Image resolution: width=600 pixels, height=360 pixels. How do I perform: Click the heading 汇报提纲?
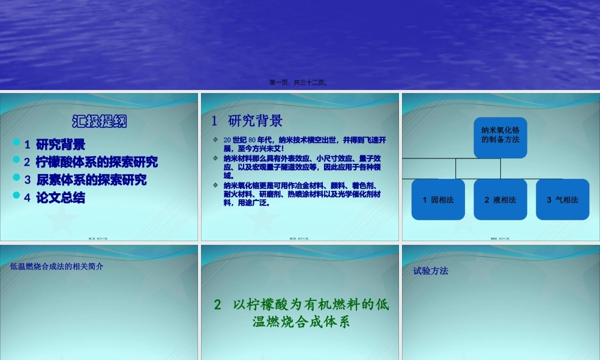pos(100,121)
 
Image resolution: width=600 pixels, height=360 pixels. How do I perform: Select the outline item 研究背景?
pos(61,145)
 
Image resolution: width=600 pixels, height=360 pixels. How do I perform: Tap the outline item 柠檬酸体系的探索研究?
pos(97,162)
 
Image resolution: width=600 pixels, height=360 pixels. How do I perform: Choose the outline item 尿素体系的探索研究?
pos(91,180)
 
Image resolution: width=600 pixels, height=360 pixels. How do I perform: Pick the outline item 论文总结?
pos(61,197)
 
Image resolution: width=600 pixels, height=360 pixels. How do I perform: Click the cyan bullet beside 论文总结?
pos(16,196)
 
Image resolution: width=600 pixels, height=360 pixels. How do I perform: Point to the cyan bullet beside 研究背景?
pos(16,143)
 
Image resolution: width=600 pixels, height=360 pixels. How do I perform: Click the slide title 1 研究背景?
pos(247,121)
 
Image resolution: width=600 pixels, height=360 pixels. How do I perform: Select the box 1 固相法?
pos(438,200)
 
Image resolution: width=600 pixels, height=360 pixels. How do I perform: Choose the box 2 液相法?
pos(500,200)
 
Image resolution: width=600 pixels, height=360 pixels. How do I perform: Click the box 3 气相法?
pos(563,200)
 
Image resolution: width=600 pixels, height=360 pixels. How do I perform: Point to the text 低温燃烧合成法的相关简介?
pos(57,266)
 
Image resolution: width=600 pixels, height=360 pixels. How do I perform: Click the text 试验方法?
pos(431,271)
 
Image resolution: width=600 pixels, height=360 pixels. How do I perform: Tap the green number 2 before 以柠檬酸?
pos(218,305)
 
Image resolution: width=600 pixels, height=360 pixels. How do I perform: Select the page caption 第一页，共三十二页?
pos(299,83)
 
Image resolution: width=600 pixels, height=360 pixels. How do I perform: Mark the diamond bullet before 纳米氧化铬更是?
pos(215,185)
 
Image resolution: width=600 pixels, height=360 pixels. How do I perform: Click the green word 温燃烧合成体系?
pos(301,322)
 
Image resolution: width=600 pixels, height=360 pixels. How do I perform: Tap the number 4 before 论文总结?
pos(27,198)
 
